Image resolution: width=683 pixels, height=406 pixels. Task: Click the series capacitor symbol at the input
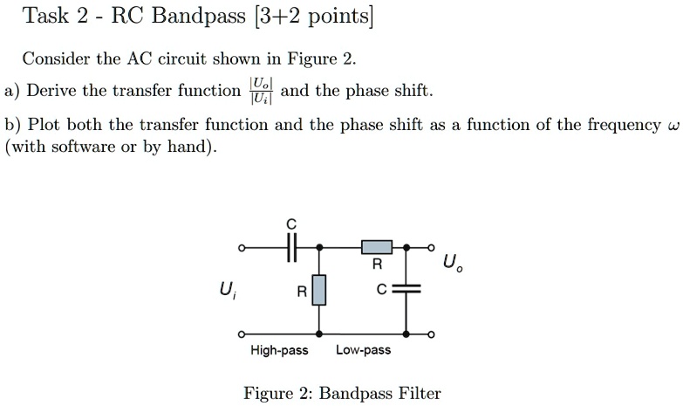coord(292,248)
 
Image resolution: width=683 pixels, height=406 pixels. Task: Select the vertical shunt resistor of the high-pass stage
coord(320,290)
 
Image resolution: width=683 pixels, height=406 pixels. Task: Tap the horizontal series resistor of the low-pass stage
coord(377,248)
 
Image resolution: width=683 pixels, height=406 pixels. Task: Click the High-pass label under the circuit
coord(279,350)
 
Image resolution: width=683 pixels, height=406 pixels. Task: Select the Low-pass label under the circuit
coord(364,350)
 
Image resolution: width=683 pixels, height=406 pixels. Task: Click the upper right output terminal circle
coord(430,248)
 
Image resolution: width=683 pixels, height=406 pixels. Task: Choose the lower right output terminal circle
coord(430,334)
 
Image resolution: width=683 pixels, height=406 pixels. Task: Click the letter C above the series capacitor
coord(292,224)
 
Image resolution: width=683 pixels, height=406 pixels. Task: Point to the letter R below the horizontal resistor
coord(377,264)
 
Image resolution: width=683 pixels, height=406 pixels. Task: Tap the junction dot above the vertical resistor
coord(320,248)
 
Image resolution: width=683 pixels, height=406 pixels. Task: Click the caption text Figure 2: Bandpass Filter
coord(342,393)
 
